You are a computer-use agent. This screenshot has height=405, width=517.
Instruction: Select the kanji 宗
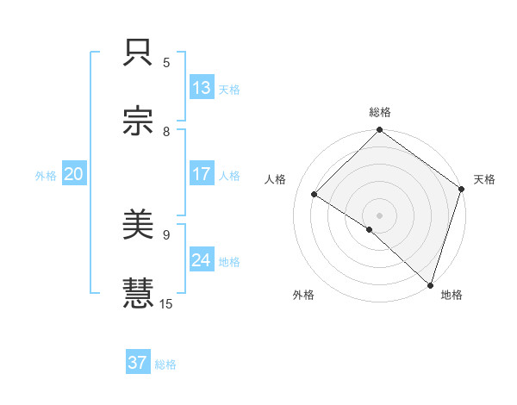(139, 123)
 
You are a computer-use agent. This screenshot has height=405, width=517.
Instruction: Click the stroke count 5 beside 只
(166, 63)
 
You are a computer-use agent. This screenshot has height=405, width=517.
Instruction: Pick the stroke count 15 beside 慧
(167, 303)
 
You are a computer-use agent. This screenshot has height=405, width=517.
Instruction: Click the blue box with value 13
(202, 88)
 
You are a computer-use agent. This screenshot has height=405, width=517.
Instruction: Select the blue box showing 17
(202, 174)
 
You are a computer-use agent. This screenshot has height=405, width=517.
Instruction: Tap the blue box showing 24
(202, 260)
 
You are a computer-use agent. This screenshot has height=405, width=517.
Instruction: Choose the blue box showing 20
(74, 174)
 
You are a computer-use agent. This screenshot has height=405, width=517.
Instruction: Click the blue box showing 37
(138, 363)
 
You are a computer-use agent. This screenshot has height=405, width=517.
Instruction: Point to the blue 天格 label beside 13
(229, 89)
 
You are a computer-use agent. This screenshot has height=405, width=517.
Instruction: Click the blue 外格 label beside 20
(46, 175)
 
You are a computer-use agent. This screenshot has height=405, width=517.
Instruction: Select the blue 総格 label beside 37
(166, 364)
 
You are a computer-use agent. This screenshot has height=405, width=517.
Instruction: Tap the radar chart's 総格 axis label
(380, 112)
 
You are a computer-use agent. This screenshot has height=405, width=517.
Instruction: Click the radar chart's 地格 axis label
(452, 295)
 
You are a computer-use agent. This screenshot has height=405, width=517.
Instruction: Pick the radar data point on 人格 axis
(315, 195)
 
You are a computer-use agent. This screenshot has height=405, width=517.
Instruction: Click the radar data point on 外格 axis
(370, 229)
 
